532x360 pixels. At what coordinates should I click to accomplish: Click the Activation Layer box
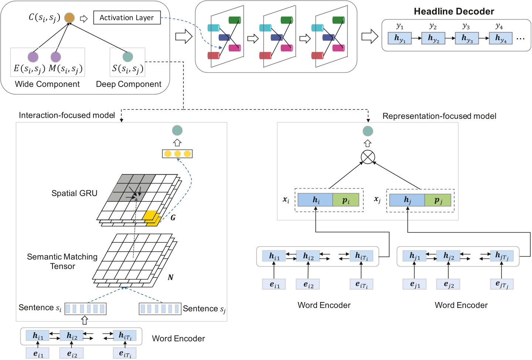click(x=127, y=18)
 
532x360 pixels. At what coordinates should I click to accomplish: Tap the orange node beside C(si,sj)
click(x=69, y=17)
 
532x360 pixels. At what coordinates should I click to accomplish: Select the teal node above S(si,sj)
click(x=127, y=56)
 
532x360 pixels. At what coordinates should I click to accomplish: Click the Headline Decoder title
click(x=454, y=11)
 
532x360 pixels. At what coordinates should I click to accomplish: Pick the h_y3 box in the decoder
click(x=467, y=38)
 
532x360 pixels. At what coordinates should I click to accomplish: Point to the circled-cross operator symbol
click(x=368, y=157)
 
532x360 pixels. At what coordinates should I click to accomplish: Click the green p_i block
click(x=346, y=200)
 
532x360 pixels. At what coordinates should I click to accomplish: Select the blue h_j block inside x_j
click(x=407, y=200)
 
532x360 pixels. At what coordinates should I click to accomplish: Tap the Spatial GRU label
click(x=74, y=193)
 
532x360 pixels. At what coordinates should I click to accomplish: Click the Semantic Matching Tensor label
click(x=62, y=261)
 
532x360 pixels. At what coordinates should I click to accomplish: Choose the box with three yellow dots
click(x=177, y=154)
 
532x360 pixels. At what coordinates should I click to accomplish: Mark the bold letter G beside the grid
click(x=173, y=218)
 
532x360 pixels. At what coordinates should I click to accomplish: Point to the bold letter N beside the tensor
click(x=170, y=277)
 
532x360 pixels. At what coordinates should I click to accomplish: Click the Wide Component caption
click(x=47, y=84)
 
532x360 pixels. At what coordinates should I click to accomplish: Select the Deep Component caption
click(x=129, y=84)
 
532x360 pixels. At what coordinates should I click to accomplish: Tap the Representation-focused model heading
click(x=439, y=116)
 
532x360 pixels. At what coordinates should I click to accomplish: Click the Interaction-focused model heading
click(x=67, y=116)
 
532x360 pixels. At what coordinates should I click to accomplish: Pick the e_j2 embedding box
click(x=448, y=284)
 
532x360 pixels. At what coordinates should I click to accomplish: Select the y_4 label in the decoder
click(x=499, y=26)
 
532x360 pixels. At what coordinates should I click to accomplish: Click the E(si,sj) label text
click(x=29, y=69)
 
